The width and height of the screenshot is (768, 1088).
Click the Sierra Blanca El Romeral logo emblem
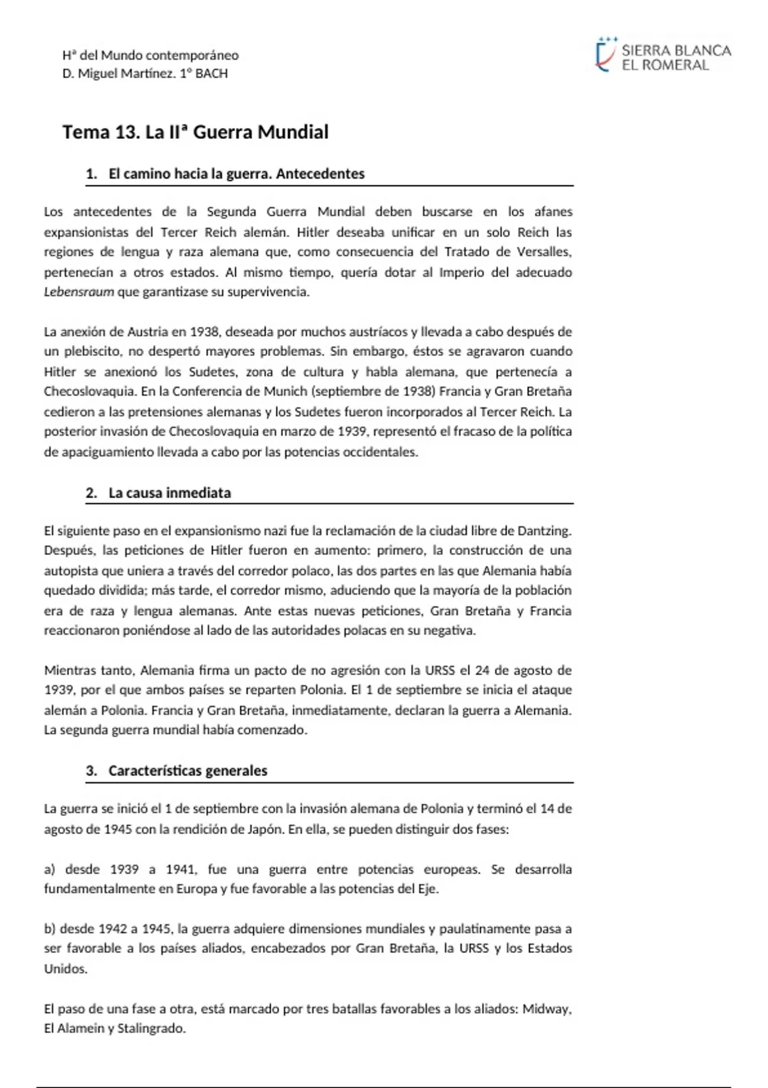pos(604,55)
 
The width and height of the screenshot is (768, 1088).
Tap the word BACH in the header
pos(211,74)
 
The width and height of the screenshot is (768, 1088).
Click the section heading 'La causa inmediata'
pos(170,493)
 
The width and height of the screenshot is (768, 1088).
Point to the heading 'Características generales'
pos(188,771)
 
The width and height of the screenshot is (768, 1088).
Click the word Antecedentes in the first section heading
pos(320,173)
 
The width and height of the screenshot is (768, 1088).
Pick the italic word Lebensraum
pos(79,292)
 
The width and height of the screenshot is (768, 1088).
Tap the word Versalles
pos(543,252)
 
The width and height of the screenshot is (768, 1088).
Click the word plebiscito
pos(93,351)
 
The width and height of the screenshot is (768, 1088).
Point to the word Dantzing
pos(543,531)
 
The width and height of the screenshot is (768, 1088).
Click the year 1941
pos(180,869)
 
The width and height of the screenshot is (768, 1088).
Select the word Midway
pos(546,1009)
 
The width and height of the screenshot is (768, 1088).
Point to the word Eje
pos(428,889)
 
